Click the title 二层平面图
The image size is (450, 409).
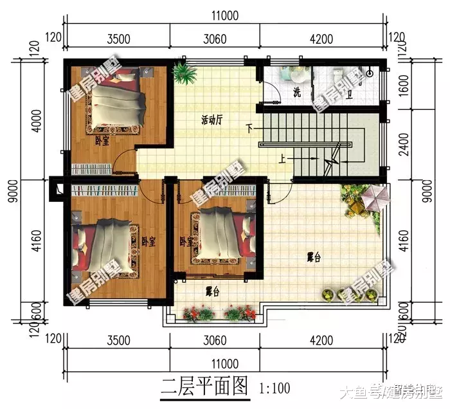click(204, 386)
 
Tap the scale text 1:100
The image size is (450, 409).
click(274, 388)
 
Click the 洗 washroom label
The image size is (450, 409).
click(296, 92)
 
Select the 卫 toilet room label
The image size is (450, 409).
click(350, 94)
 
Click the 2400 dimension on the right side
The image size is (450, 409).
click(403, 152)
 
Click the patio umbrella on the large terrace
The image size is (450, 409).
click(373, 195)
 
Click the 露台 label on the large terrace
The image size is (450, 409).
click(314, 258)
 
